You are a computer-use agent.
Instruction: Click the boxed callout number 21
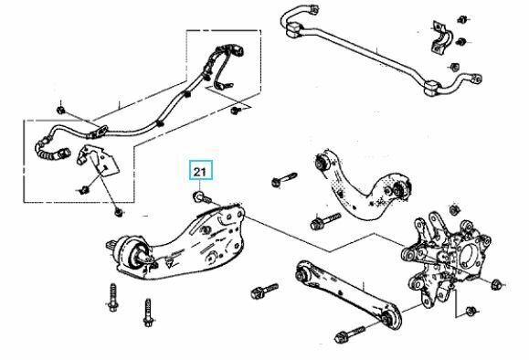point(198,171)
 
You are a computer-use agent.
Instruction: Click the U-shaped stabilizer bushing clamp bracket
point(437,41)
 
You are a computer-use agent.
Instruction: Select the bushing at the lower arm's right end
point(390,317)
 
